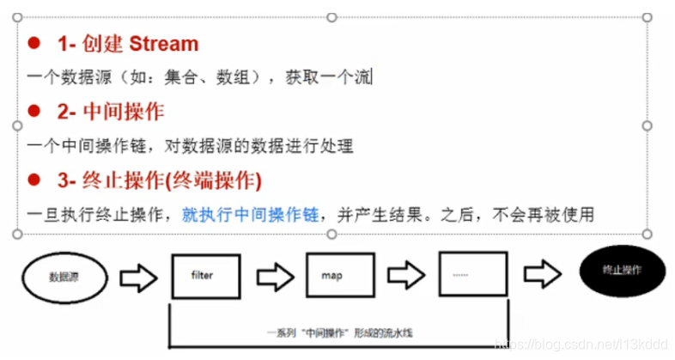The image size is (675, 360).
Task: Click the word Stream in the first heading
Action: point(163,44)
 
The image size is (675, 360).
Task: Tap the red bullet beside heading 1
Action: point(33,43)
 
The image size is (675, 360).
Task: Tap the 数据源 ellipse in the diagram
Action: point(65,278)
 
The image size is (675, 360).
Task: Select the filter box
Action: point(204,277)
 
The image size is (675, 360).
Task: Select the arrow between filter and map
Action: point(273,277)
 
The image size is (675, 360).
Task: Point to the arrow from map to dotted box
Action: point(404,277)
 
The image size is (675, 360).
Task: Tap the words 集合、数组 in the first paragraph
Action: point(211,77)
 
